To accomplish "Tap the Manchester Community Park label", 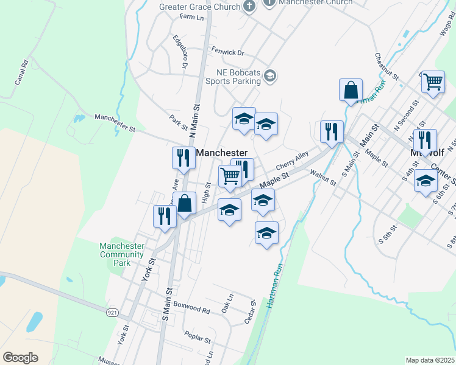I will coord(122,254).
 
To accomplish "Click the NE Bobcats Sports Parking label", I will coord(233,76).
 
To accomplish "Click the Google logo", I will coord(20,358).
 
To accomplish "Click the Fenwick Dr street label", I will coord(227,53).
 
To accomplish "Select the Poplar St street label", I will coord(197,336).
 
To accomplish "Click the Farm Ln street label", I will coord(191,17).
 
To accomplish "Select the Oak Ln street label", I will coord(227,304).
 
